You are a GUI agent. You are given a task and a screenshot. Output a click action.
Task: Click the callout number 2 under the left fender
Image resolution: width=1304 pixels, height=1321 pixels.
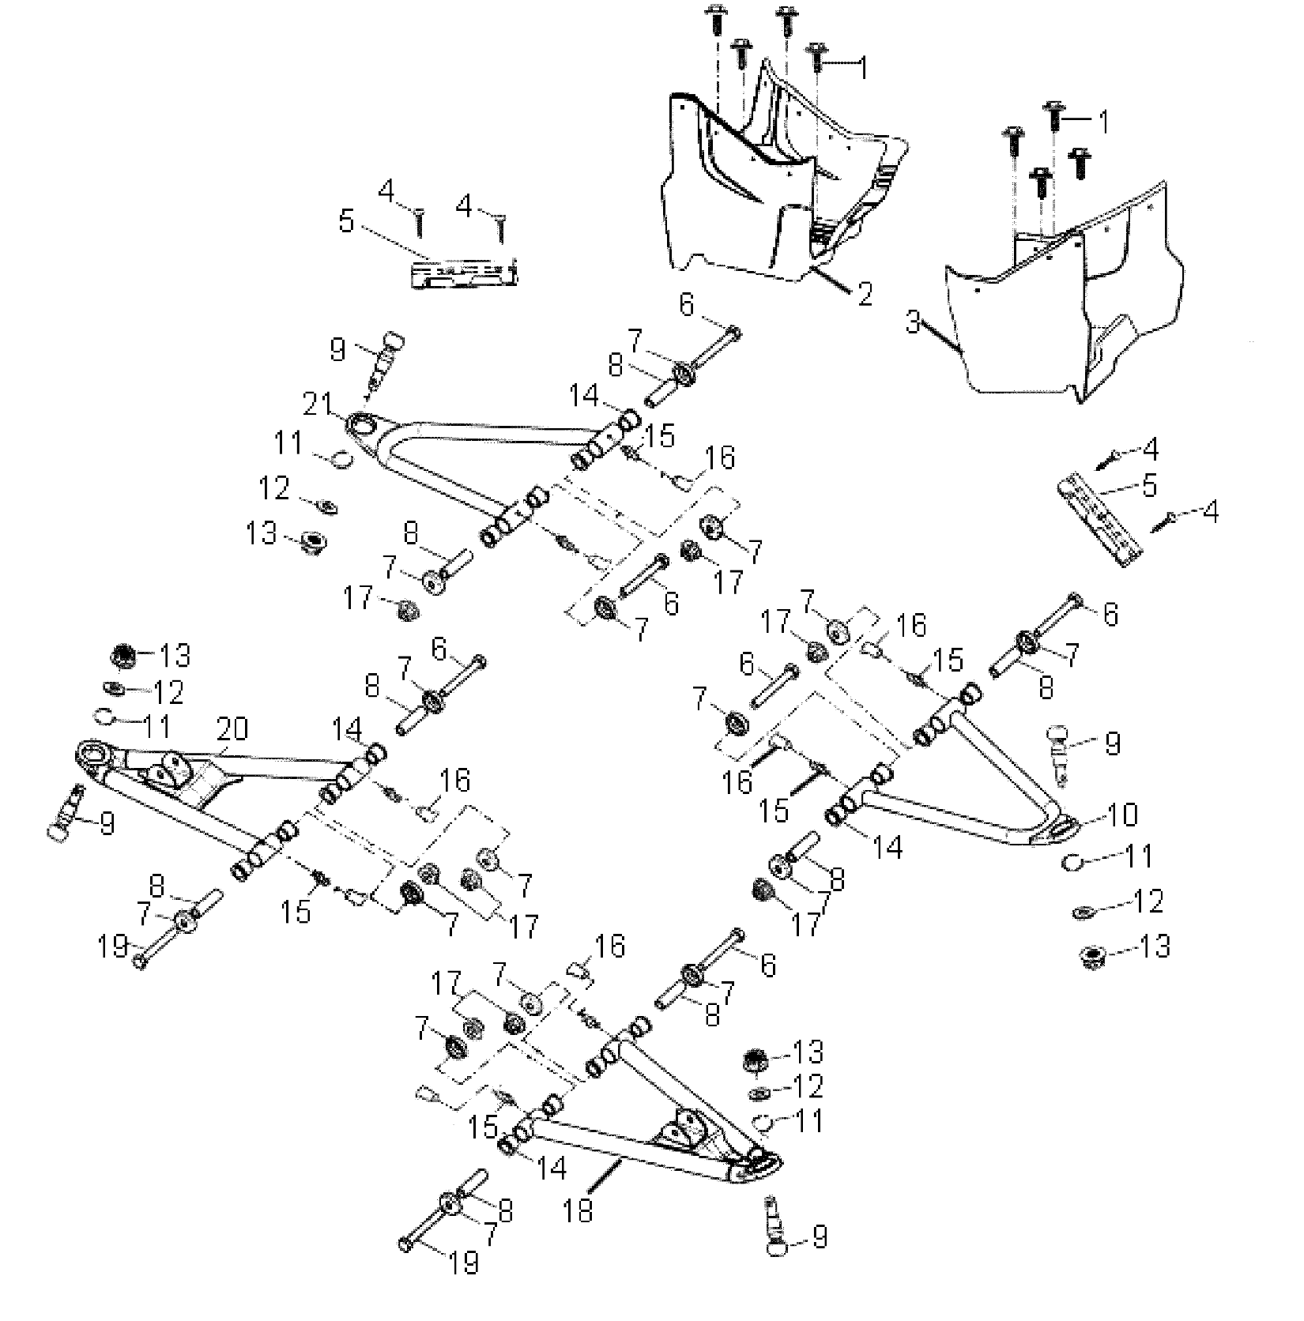(x=864, y=295)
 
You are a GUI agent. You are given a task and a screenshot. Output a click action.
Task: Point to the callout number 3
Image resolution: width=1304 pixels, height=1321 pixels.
(x=914, y=322)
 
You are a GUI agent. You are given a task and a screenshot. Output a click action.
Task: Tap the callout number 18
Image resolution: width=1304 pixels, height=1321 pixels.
(x=579, y=1210)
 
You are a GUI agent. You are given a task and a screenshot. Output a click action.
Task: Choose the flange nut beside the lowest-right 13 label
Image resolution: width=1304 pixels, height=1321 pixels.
(x=1092, y=958)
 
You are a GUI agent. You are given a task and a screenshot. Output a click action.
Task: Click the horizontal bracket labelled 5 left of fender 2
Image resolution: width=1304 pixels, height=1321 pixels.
(x=465, y=273)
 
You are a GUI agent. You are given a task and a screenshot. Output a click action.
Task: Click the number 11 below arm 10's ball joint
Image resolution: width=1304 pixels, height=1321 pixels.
(x=1140, y=856)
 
